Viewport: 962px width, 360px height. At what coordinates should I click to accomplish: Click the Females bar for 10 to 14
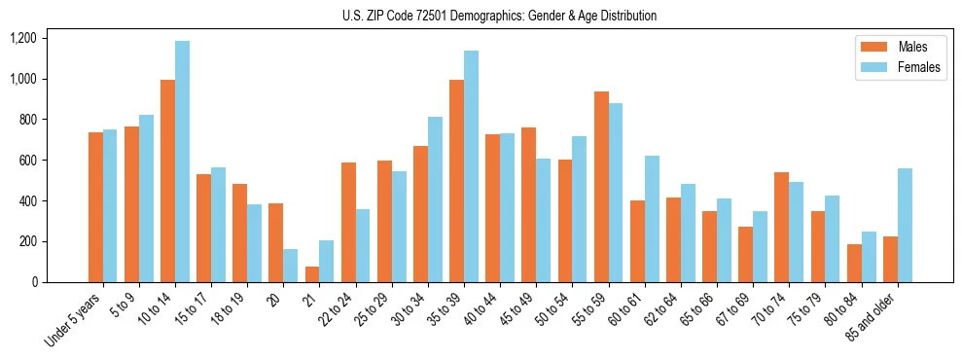pos(182,162)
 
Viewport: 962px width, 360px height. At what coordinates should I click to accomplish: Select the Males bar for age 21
pos(311,274)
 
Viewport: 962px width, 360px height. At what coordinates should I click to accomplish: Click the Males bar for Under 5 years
pos(95,207)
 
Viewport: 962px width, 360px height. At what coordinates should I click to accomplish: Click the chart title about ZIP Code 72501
pos(499,16)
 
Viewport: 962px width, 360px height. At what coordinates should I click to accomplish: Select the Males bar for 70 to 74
pos(782,227)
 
